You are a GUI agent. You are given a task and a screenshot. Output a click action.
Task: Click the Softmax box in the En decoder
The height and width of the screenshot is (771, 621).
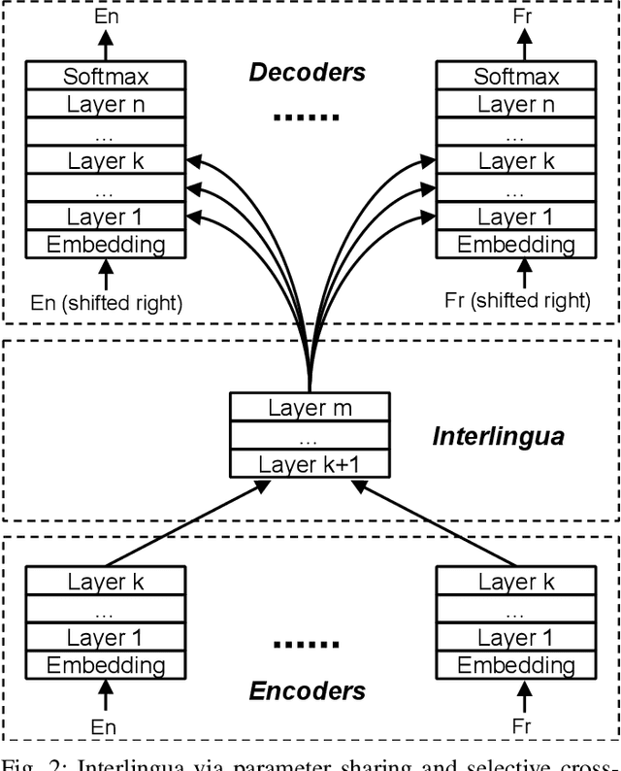(x=105, y=77)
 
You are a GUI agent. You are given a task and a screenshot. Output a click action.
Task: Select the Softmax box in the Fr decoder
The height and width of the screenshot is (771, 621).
(x=515, y=77)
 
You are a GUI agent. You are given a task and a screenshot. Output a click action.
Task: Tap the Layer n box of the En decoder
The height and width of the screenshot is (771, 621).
(x=105, y=104)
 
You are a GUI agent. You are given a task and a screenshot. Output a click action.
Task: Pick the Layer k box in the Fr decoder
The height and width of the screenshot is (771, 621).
(x=515, y=160)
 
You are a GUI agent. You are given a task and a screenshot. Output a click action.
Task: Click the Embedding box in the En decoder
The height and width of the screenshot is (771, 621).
(x=105, y=244)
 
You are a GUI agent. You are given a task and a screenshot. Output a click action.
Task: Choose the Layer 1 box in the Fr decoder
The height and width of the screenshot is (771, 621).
(x=515, y=216)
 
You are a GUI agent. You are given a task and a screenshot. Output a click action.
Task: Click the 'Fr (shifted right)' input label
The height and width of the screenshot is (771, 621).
(x=516, y=300)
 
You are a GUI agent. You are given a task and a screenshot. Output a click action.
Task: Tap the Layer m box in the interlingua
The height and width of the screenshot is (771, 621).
(x=310, y=408)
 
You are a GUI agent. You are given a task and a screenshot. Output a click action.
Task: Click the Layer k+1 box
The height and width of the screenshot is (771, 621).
(x=310, y=463)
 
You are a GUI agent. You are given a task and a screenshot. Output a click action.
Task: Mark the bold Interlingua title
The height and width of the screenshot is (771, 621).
(x=498, y=436)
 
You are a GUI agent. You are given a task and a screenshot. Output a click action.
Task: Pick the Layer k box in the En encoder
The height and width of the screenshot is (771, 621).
(x=105, y=582)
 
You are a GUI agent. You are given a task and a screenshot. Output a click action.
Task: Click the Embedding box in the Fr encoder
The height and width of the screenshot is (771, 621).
(x=515, y=665)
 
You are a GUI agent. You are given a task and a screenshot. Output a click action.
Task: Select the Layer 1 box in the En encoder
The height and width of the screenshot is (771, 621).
(x=105, y=638)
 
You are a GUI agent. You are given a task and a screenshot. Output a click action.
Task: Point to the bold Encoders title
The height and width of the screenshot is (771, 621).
(x=308, y=690)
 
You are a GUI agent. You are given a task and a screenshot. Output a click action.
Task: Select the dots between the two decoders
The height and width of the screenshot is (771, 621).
(x=307, y=117)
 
